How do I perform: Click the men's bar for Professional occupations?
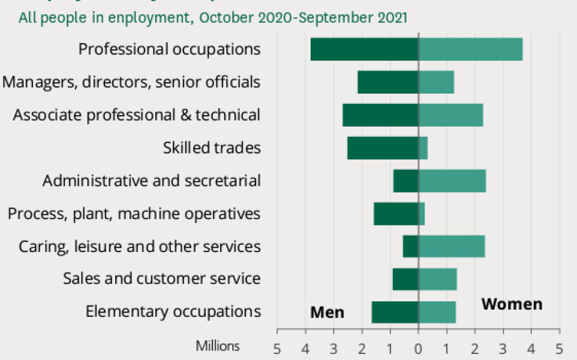(364, 49)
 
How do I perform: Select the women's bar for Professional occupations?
(470, 49)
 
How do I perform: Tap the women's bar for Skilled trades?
(423, 148)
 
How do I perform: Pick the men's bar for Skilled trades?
(382, 148)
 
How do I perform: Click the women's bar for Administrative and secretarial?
(452, 181)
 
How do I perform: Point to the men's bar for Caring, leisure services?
(410, 247)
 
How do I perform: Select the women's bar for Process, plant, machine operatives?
(422, 214)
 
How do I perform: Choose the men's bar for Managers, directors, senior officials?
(387, 82)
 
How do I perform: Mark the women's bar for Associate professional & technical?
(450, 115)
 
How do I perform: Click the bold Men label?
(327, 313)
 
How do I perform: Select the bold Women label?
(512, 304)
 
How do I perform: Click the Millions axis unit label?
(217, 346)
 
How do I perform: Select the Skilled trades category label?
(212, 148)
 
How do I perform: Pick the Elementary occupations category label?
(173, 312)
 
